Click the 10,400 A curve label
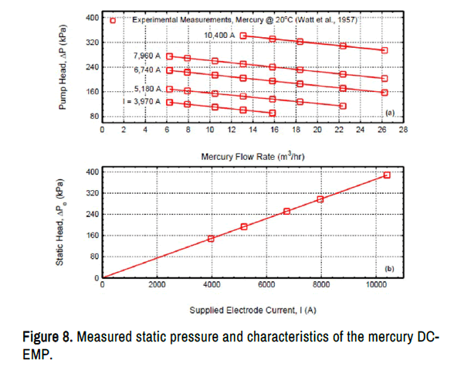coord(219,35)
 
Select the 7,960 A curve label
coord(147,56)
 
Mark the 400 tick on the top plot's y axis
coord(90,17)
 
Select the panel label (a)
coord(390,113)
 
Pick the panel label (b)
coord(390,270)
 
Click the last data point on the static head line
coord(387,175)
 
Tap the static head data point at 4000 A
coord(211,238)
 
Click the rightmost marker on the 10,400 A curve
coord(385,50)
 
